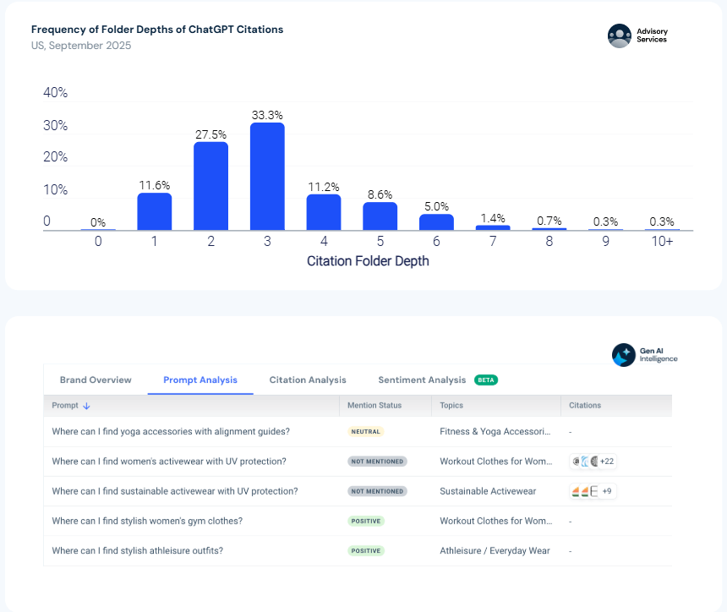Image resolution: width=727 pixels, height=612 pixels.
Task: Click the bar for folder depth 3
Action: pos(267,176)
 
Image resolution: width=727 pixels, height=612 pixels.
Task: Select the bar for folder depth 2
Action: pos(211,186)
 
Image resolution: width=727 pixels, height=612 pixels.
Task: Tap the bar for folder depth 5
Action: pos(380,216)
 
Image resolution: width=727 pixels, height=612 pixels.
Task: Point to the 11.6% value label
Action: pos(155,185)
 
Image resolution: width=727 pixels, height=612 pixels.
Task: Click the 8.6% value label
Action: pos(380,194)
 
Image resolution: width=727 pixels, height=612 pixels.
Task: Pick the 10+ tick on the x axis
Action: pos(662,241)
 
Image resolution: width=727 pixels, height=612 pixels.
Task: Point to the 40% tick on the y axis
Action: pos(55,93)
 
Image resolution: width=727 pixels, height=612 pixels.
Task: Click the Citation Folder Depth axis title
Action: pos(368,261)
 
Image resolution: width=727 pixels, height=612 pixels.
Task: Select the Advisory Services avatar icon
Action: pos(620,36)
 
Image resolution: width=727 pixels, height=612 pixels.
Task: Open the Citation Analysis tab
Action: pos(308,380)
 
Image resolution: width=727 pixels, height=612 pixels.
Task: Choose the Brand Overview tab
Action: pos(96,380)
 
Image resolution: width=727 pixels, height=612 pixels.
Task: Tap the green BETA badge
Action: pos(486,380)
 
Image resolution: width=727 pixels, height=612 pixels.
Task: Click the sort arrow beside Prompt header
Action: pos(86,406)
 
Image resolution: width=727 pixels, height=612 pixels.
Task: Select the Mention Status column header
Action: pos(374,405)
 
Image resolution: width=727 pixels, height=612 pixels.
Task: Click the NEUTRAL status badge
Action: pos(366,432)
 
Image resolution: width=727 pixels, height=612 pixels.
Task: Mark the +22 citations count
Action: pos(607,462)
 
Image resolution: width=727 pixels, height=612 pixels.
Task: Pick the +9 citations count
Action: pos(607,491)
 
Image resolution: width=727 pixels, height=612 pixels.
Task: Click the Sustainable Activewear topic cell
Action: pos(488,491)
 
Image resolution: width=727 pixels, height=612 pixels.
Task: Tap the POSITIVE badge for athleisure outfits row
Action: pos(366,551)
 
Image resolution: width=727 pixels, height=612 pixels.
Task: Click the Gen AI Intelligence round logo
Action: pos(624,355)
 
